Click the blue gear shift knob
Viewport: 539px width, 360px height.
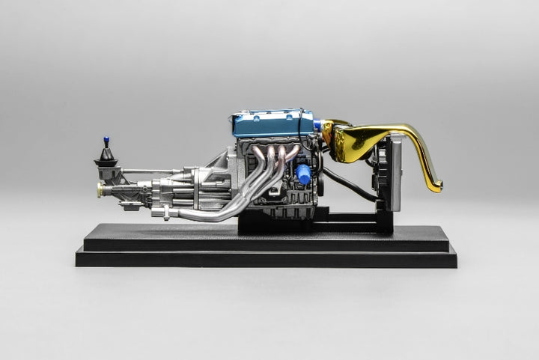pos(107,139)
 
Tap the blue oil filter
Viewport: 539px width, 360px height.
pos(303,174)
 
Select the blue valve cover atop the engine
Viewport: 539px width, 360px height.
pos(273,124)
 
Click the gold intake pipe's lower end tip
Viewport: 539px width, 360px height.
pos(435,187)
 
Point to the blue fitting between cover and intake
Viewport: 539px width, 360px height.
pos(317,126)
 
